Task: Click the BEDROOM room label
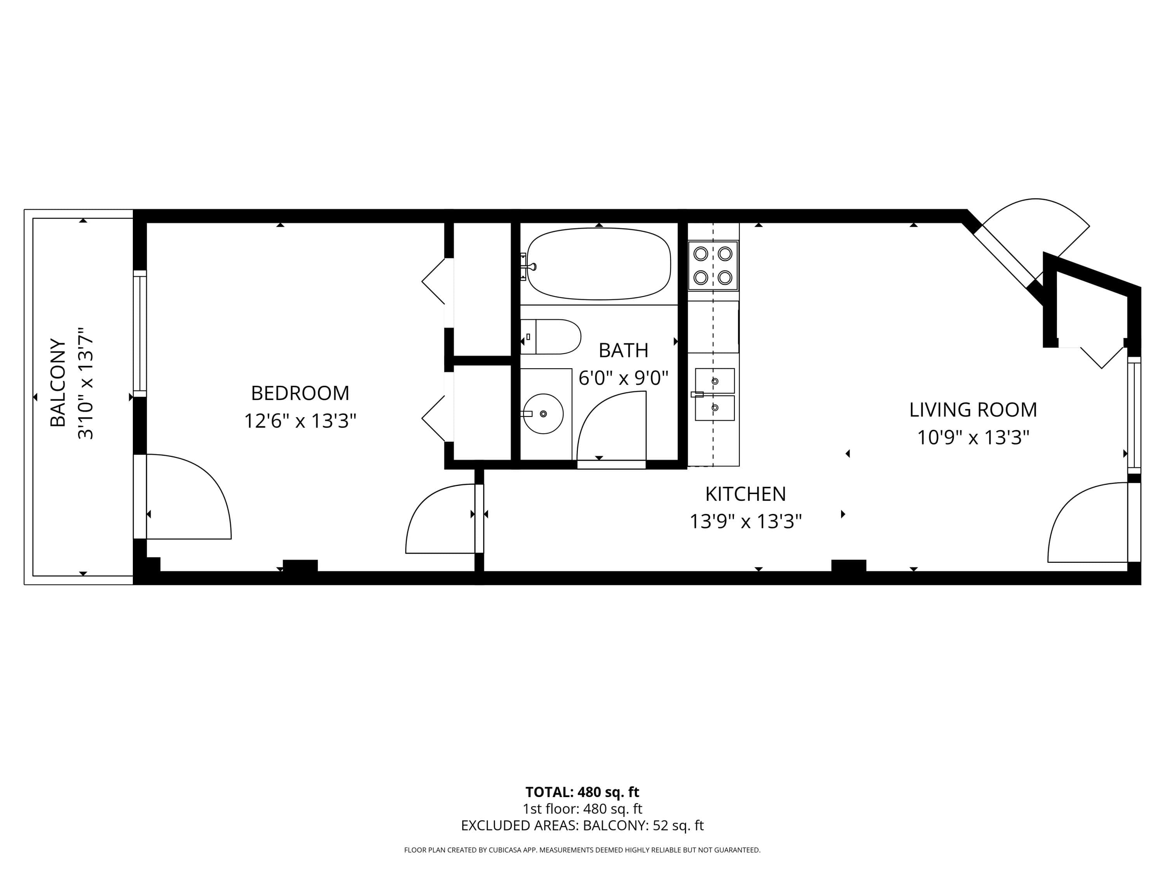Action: coord(300,393)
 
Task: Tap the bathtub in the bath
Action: coord(599,264)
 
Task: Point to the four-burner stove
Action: coord(713,266)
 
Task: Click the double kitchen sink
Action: coord(715,394)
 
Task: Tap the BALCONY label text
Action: coord(58,383)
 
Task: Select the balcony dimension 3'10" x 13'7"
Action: coord(85,383)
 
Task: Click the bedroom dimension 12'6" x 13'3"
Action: coord(300,421)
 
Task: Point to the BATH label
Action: coord(623,350)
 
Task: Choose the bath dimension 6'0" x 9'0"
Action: coord(623,378)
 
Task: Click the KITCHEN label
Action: coord(745,494)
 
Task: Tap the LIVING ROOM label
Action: coord(973,410)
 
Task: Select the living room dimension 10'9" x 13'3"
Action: coord(973,437)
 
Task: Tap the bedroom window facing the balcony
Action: coord(139,333)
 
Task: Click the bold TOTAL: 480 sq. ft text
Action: coord(582,792)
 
